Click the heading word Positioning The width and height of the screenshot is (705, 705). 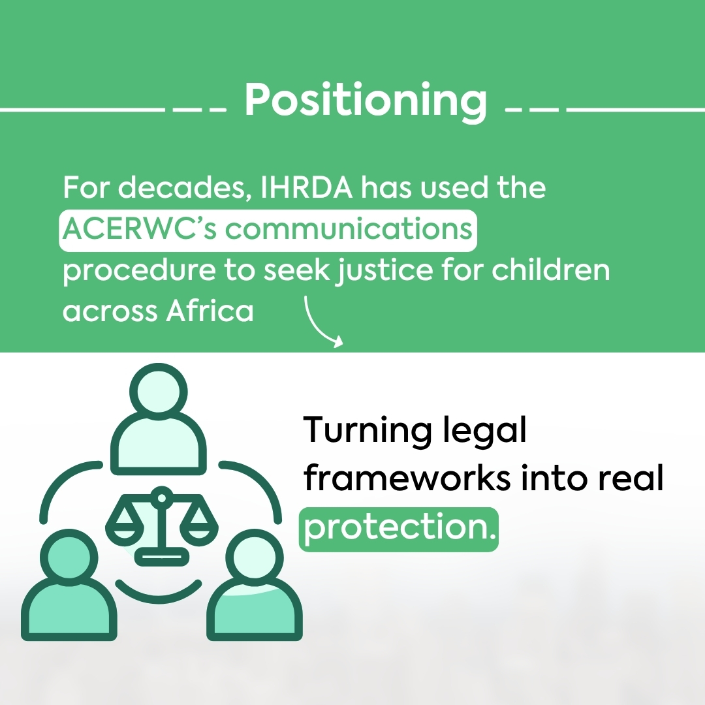(366, 102)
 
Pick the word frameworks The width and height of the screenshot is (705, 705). (406, 478)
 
